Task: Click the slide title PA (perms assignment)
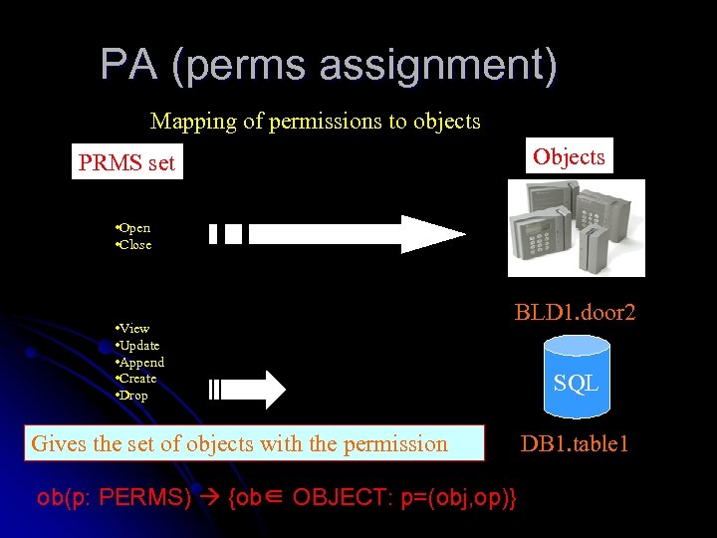pos(329,66)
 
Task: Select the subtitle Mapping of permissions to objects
pos(315,122)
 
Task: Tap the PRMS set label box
pos(127,162)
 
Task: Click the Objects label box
pos(569,156)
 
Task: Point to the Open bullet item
pos(134,228)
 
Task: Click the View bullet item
pos(133,328)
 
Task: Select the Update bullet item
pos(138,345)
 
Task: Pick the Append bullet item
pos(140,362)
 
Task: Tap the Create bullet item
pos(137,379)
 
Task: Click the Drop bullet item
pos(133,396)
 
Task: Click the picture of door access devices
pos(576,228)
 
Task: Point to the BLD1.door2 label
pos(575,313)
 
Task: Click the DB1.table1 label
pos(575,443)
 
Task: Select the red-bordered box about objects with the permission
pos(255,443)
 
